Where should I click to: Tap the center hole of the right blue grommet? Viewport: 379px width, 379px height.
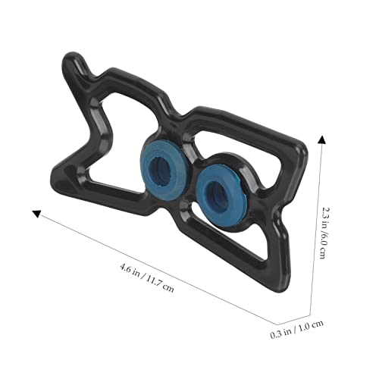pos(218,194)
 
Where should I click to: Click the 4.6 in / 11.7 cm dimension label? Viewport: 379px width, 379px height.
pos(147,277)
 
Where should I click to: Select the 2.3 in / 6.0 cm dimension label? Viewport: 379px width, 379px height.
pos(323,232)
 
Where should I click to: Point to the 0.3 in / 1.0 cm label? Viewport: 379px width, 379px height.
pos(297,329)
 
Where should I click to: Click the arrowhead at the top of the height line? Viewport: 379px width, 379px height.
pos(321,139)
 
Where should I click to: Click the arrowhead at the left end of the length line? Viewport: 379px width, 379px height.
pos(37,213)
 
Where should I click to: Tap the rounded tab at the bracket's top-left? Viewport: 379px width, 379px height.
pos(74,62)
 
